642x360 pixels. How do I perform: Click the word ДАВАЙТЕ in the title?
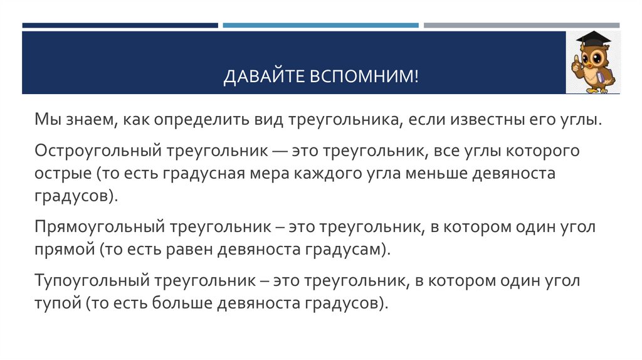click(263, 78)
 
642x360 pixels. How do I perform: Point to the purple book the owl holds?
click(599, 78)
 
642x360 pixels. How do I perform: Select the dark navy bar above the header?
click(120, 26)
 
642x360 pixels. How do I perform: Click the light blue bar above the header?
click(320, 26)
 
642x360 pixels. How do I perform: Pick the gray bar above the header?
click(521, 26)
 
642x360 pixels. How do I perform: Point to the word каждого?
click(330, 174)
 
